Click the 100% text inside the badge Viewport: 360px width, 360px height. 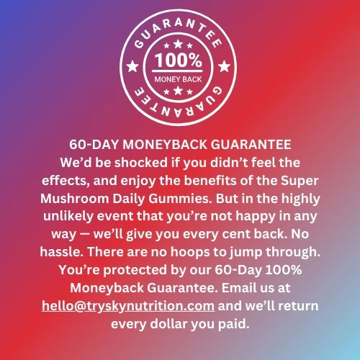coord(178,60)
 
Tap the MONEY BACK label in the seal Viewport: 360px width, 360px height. coord(178,79)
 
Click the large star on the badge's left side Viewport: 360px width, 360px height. coord(132,66)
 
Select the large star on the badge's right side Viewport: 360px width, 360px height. coord(224,66)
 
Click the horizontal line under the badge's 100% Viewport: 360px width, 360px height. coord(177,71)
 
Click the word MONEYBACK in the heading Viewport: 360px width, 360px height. coord(165,145)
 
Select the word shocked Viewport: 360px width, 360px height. coord(141,163)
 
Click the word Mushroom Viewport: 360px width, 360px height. coord(74,199)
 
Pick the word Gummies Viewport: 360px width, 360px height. coord(180,199)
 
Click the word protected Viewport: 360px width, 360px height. coord(135,270)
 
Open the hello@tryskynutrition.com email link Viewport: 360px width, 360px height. coord(128,306)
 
